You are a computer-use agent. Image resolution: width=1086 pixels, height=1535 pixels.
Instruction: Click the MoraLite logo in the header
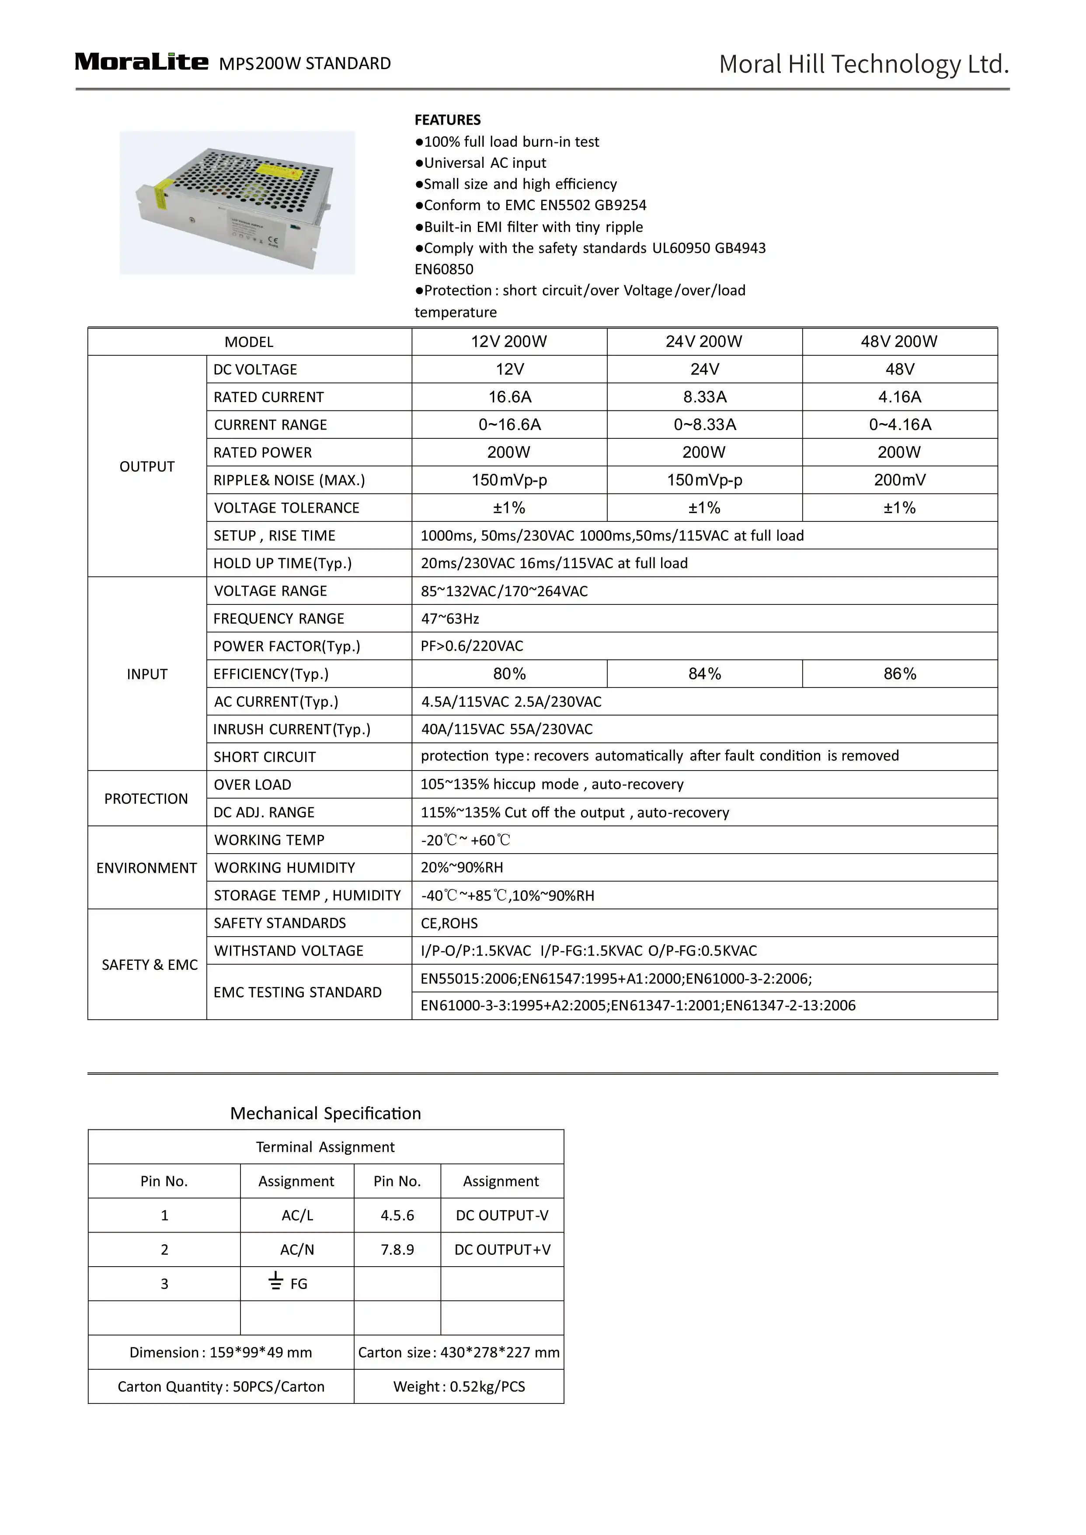[x=141, y=62]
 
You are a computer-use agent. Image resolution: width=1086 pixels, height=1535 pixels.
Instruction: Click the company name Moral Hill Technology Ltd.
[x=863, y=64]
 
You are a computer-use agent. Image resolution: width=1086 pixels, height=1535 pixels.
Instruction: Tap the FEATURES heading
[x=447, y=120]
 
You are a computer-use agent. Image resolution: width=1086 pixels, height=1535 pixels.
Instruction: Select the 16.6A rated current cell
[x=510, y=397]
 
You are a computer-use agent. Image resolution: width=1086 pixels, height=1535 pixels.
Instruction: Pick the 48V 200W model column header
[x=899, y=342]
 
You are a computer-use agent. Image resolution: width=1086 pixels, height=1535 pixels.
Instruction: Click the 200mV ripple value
[x=899, y=480]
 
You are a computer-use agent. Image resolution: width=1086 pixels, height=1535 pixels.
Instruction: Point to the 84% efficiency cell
[x=705, y=674]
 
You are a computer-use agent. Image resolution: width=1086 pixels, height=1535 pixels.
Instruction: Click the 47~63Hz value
[x=450, y=618]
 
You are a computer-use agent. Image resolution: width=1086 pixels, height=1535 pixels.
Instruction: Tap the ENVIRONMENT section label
[x=146, y=868]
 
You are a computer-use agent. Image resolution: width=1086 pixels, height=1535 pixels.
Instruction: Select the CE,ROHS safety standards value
[x=449, y=923]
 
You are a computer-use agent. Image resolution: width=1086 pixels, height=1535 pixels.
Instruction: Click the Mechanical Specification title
[x=326, y=1113]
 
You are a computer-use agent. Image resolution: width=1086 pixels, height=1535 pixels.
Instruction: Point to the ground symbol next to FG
[x=275, y=1281]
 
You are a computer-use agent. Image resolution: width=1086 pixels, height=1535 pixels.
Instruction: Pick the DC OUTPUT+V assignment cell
[x=502, y=1250]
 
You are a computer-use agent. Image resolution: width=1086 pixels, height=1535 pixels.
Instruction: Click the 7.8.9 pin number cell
[x=397, y=1250]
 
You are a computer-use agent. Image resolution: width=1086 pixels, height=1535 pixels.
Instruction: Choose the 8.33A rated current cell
[x=705, y=397]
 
